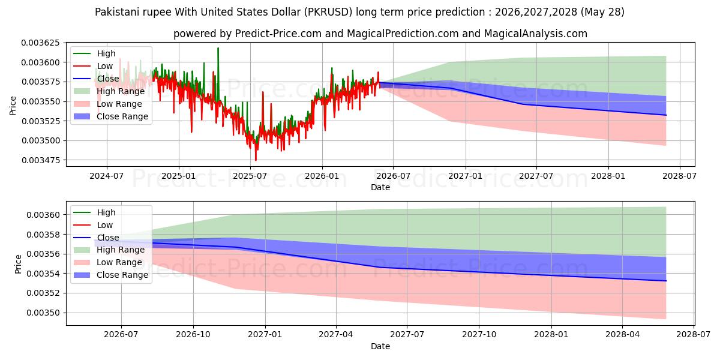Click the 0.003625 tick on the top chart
(x=41, y=43)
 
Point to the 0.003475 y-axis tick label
(x=41, y=160)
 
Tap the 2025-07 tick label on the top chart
(x=250, y=176)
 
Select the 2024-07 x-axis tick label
(x=106, y=176)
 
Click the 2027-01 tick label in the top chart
(x=465, y=176)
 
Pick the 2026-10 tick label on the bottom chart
(x=193, y=335)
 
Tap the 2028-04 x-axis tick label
(x=623, y=335)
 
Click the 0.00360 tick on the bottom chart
(x=43, y=215)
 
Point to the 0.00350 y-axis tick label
(x=43, y=313)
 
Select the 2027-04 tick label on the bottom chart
(x=336, y=335)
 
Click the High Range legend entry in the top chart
(x=109, y=91)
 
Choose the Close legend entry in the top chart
(x=96, y=79)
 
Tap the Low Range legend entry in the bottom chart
(x=107, y=262)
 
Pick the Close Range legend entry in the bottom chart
(x=111, y=275)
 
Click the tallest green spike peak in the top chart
(x=218, y=48)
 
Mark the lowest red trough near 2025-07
(x=256, y=160)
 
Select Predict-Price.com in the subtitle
(x=278, y=34)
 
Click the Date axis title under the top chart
(x=380, y=187)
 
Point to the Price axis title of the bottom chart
(x=18, y=264)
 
